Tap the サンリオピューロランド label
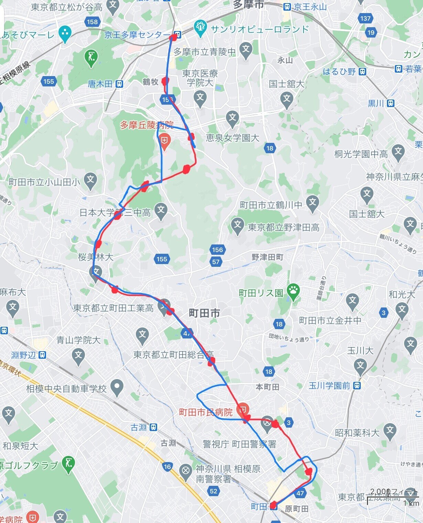tap(260, 29)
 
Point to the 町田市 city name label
tap(204, 313)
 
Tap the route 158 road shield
tap(92, 22)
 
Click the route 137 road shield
tap(366, 19)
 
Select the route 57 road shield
tap(216, 262)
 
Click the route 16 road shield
tap(167, 467)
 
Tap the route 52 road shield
tap(214, 491)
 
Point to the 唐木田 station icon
tap(119, 84)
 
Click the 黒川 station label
tap(376, 103)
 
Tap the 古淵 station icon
tap(153, 427)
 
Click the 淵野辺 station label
tap(23, 355)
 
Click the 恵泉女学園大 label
tap(232, 138)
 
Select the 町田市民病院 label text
tap(206, 412)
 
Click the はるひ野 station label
tap(339, 72)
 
